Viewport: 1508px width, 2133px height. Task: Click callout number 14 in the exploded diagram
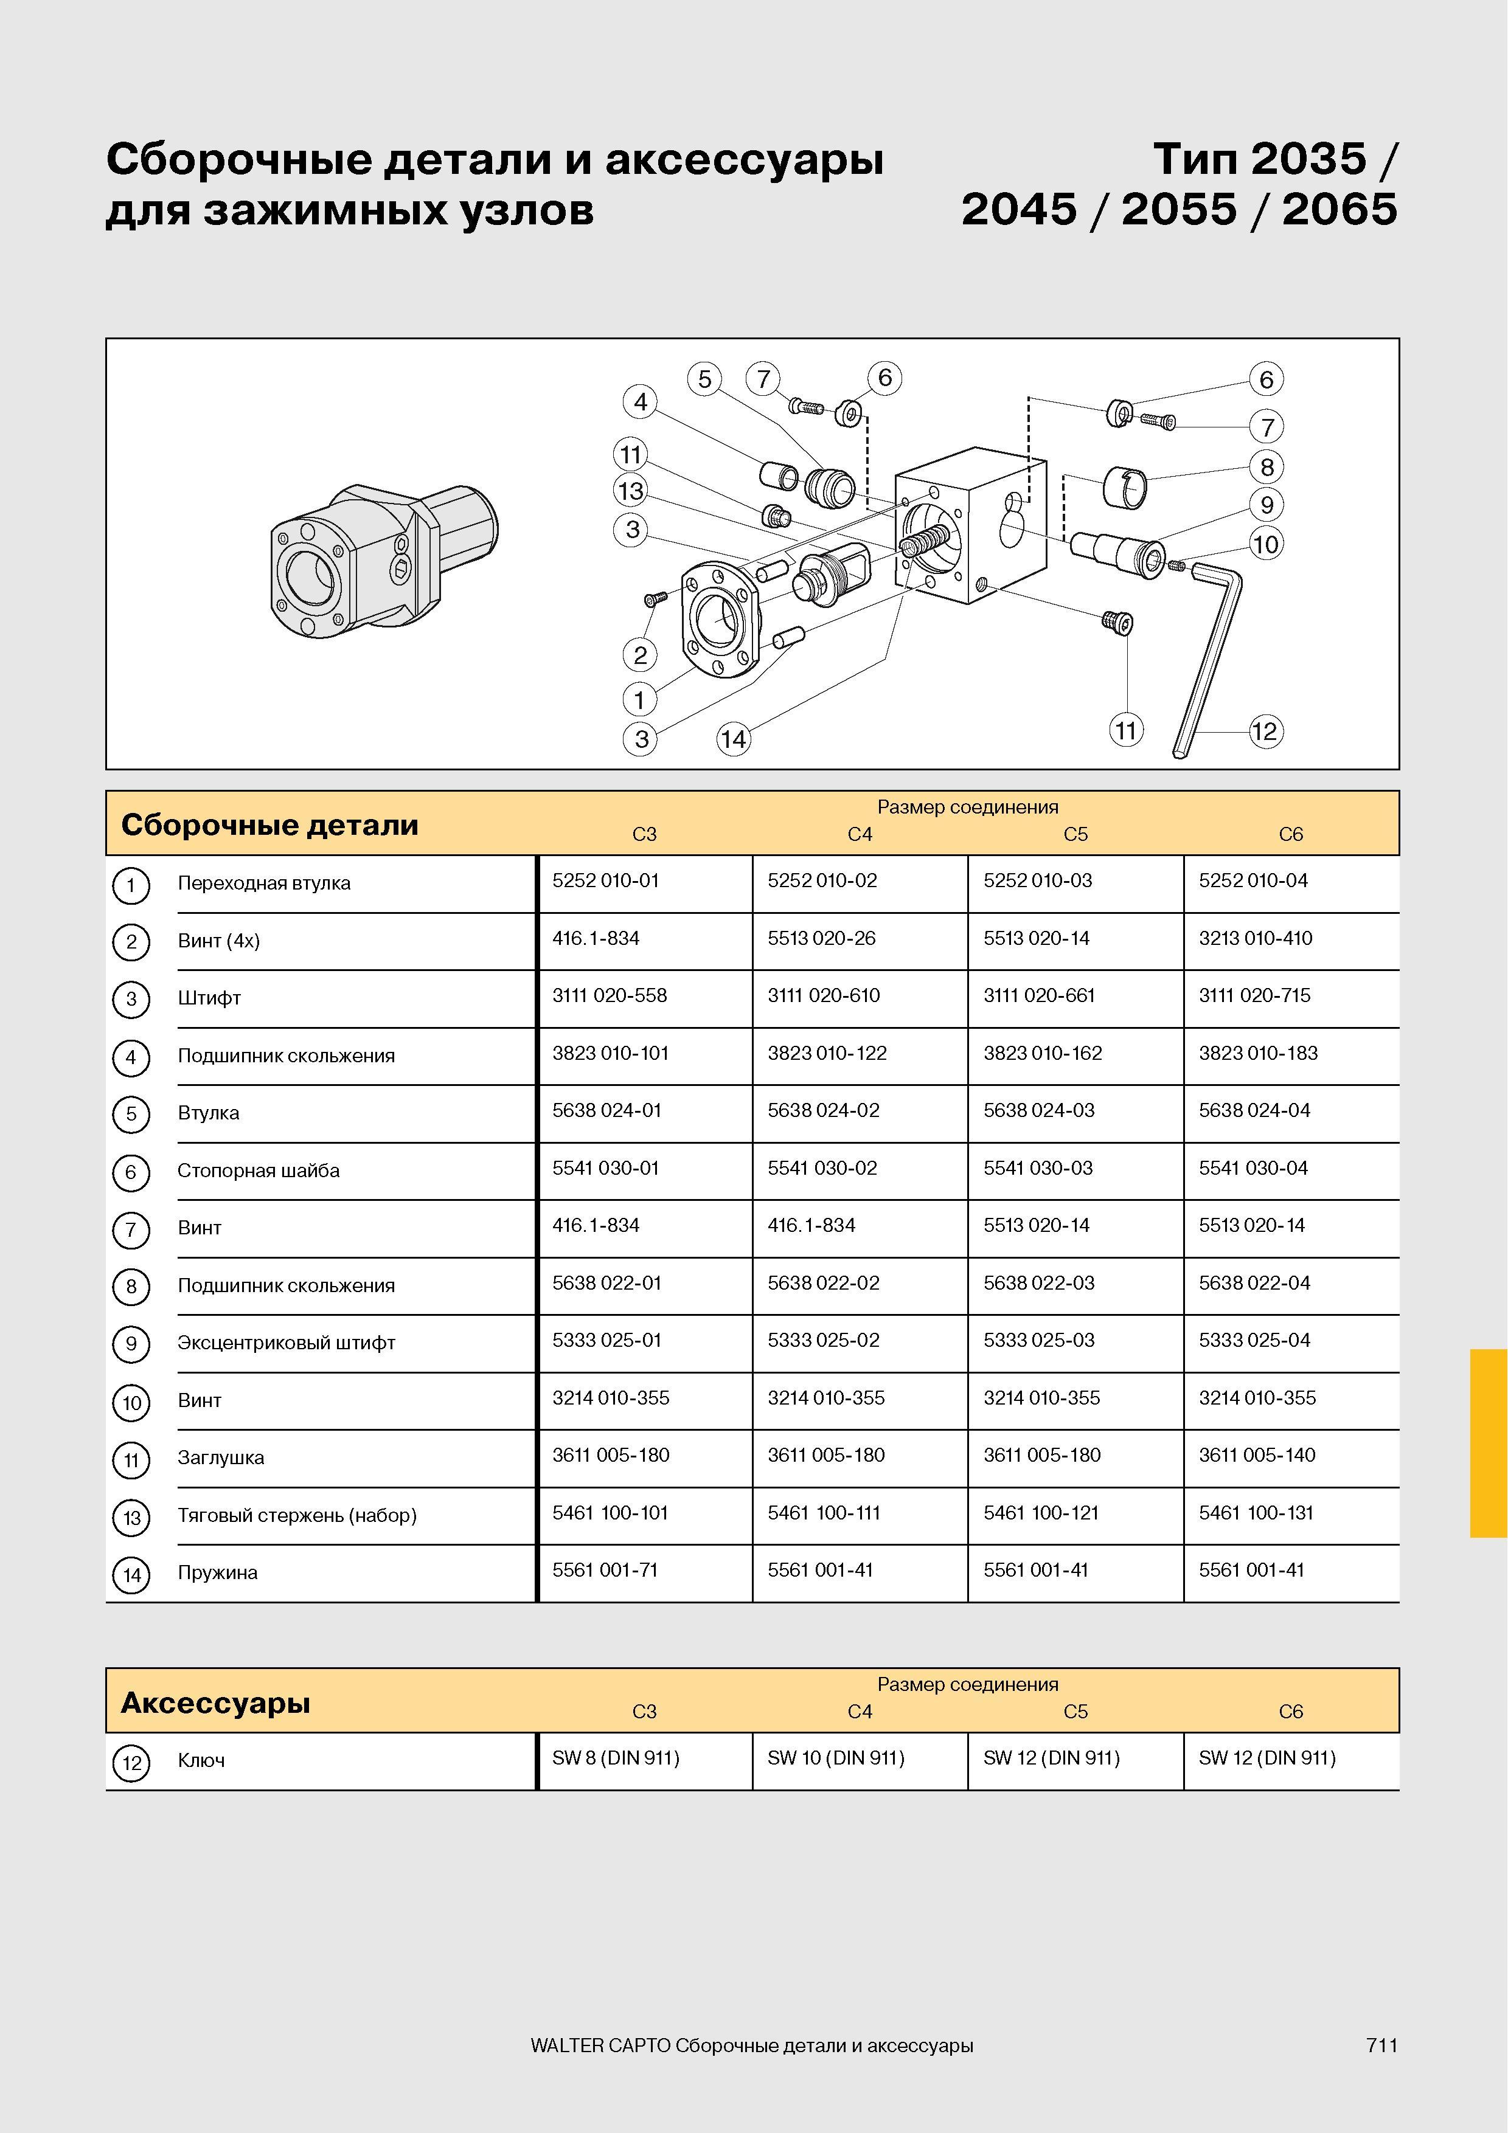pos(733,739)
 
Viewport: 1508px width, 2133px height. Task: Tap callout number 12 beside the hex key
pos(1265,731)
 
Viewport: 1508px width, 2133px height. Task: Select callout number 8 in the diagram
pos(1267,466)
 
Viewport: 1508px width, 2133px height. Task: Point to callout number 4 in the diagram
pos(640,403)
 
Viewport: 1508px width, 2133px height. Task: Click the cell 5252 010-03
pos(1037,880)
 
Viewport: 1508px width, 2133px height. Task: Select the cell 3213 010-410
pos(1256,938)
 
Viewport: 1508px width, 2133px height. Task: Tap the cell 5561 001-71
pos(605,1570)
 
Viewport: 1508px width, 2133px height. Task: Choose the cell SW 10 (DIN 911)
pos(835,1758)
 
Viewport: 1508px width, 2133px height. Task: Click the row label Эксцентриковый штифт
pos(286,1343)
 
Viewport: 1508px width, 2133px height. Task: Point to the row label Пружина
pos(217,1573)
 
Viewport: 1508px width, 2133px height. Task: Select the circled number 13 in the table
pos(131,1517)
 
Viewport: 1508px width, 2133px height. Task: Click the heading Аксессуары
pos(215,1703)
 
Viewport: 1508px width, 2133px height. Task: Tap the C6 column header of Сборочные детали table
pos(1291,834)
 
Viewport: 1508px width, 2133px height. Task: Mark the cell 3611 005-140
pos(1257,1455)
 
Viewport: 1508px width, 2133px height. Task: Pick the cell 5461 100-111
pos(823,1512)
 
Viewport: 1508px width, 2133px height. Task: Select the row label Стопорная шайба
pos(259,1170)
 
